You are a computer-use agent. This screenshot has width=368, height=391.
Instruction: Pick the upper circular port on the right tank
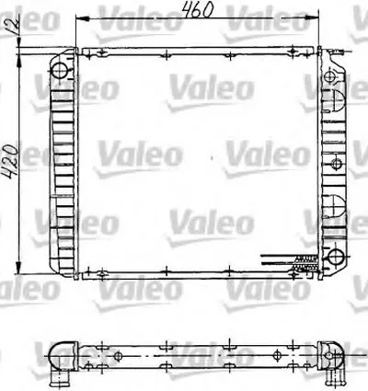(x=334, y=70)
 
